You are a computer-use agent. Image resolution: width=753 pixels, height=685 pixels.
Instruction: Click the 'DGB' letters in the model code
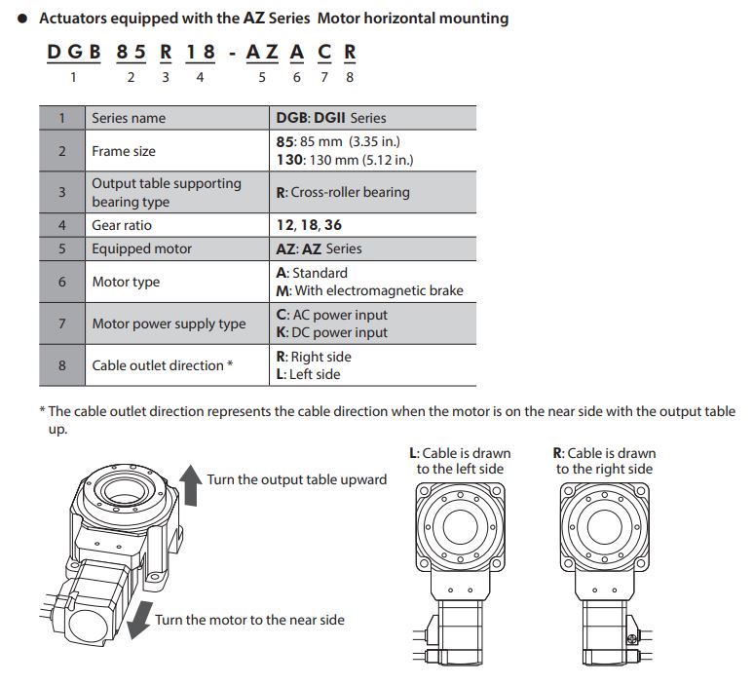(73, 52)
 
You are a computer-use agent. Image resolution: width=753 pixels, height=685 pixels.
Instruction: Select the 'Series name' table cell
(129, 118)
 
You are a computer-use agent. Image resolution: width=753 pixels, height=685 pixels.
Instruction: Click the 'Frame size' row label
(124, 151)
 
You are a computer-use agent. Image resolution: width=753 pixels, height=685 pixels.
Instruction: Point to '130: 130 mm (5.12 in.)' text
(345, 160)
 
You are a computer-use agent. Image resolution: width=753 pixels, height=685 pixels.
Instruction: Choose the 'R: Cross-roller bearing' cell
(343, 192)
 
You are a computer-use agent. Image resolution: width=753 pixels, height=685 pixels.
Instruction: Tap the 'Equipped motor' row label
(142, 248)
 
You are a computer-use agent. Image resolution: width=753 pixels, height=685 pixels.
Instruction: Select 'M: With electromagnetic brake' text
(370, 290)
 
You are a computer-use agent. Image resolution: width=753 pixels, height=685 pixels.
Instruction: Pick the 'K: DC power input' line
(331, 332)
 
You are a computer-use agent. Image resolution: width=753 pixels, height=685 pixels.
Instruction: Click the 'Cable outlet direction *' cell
(163, 365)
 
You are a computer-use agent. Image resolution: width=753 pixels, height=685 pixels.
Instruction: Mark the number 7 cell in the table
(62, 323)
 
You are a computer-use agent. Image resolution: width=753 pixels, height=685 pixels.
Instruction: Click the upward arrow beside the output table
(192, 484)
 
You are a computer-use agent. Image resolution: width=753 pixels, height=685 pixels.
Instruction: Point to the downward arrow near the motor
(139, 617)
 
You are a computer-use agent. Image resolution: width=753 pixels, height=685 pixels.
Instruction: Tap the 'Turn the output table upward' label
(296, 479)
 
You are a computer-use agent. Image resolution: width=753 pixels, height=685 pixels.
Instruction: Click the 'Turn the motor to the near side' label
(249, 620)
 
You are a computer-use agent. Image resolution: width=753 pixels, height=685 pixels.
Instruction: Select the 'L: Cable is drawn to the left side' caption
(460, 461)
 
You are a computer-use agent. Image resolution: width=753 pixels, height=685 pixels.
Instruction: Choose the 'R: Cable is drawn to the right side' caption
(604, 461)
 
